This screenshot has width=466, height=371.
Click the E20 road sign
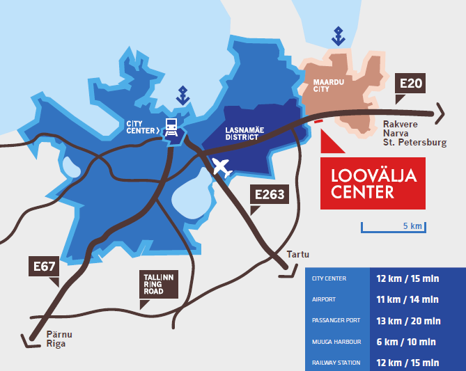coord(410,84)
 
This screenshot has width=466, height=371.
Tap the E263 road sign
coord(269,194)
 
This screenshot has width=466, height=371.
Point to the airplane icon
coord(222,167)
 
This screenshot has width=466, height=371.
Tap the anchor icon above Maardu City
coord(339,35)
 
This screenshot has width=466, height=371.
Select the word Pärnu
coord(59,334)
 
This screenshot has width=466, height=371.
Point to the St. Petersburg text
coord(414,143)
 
